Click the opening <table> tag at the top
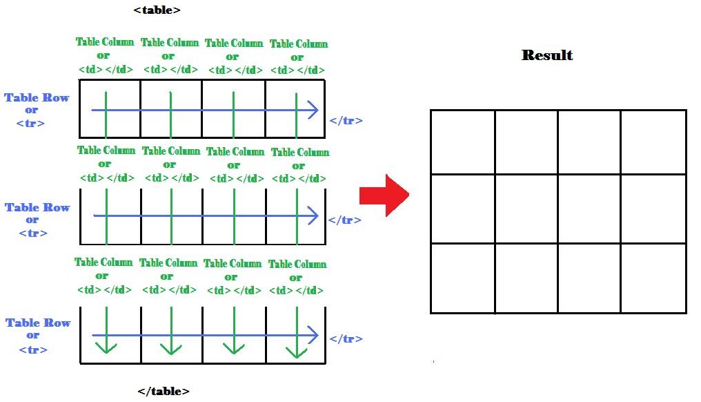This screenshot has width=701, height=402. point(157,10)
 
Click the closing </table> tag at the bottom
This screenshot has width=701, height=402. point(164,391)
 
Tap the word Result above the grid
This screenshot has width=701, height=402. point(547,55)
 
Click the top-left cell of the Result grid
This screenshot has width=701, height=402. point(462,142)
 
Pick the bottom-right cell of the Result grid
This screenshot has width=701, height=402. point(653,278)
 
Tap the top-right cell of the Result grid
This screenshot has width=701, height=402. point(653,142)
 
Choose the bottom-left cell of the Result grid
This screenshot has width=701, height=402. point(462,278)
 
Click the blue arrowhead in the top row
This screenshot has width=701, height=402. point(313,110)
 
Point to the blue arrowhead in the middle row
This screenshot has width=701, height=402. point(313,216)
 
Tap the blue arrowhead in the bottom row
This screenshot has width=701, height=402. point(313,336)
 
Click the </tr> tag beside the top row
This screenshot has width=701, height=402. point(346,121)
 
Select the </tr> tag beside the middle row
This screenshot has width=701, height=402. point(344,220)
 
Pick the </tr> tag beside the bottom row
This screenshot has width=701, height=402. point(346,338)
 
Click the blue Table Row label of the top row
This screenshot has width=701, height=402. point(37,98)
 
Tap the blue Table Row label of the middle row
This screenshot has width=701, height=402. point(37,207)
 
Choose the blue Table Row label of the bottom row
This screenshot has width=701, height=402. point(37,323)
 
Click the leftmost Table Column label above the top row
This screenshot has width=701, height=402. point(104,42)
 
